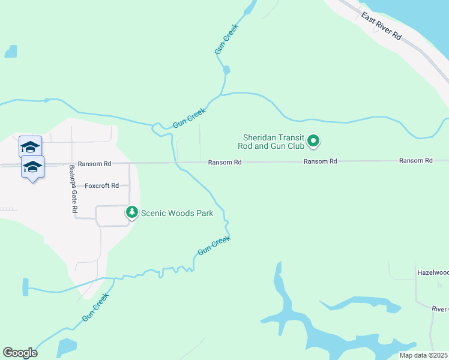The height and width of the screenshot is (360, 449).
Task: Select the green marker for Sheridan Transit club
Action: coord(313,142)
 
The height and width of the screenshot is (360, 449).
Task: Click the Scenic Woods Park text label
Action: coord(177,213)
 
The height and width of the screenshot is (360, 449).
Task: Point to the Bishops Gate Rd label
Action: coord(73,190)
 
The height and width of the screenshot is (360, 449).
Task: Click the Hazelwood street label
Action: coord(433,272)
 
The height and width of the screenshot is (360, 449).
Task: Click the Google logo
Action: coord(20,353)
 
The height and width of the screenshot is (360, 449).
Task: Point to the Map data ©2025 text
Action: coord(424,355)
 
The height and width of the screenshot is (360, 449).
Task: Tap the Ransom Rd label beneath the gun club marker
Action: coord(320,161)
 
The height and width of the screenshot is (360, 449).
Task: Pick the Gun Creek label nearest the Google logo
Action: coord(95,307)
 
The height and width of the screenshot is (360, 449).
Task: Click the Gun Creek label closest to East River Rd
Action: coord(228,40)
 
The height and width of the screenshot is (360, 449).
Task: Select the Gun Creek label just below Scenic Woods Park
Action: coord(214,245)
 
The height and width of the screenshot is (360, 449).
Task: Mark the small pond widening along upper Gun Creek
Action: coord(226,70)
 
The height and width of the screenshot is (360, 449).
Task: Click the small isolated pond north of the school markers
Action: coord(11,52)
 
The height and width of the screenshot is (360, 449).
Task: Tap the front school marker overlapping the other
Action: coord(32,167)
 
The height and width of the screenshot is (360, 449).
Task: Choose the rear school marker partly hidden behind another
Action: coord(30,146)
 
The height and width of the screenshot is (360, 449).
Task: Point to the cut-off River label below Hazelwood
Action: coord(441,309)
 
